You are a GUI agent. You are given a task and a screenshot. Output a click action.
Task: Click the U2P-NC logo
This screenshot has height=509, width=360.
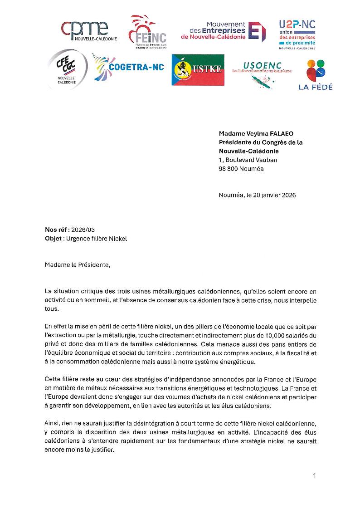pyautogui.click(x=297, y=34)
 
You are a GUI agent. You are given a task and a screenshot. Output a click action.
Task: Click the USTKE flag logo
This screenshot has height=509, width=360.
pyautogui.click(x=198, y=70)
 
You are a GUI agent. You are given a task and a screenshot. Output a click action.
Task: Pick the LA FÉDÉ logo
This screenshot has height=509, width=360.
pyautogui.click(x=315, y=75)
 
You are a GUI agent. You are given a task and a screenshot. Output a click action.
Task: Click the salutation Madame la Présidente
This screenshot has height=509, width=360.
pyautogui.click(x=77, y=264)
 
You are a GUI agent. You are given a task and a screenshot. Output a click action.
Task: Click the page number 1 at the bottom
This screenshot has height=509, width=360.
pyautogui.click(x=314, y=475)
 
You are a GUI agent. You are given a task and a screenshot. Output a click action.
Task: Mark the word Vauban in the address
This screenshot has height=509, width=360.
pyautogui.click(x=265, y=160)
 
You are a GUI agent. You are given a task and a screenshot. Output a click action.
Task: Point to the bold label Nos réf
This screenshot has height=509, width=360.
pyautogui.click(x=57, y=230)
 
